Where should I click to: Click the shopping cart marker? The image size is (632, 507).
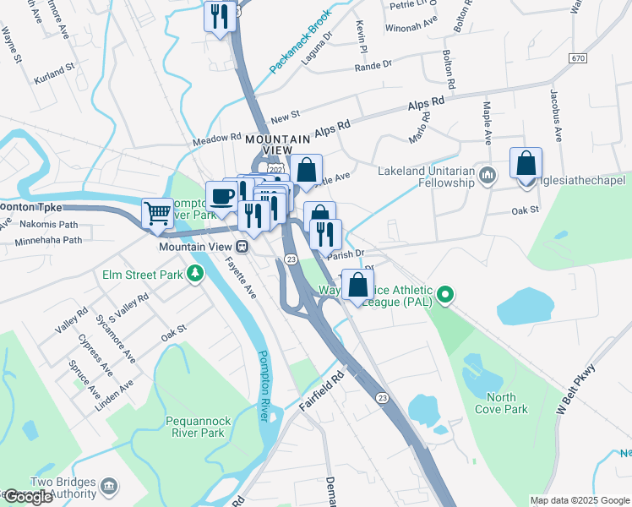[x=158, y=215]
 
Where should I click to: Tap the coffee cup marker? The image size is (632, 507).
[x=221, y=197]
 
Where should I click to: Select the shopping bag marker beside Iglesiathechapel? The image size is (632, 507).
[x=526, y=163]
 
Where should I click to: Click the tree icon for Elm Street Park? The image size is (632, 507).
[x=195, y=273]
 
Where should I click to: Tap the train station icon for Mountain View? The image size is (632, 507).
[x=242, y=247]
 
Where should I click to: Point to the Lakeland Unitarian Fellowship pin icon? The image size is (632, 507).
[x=487, y=176]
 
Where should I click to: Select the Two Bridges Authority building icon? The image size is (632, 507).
[x=109, y=486]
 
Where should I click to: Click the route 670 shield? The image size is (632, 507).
[x=577, y=58]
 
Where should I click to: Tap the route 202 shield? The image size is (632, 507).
[x=275, y=170]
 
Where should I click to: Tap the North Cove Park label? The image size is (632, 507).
[x=507, y=403]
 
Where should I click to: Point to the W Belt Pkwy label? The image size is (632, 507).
[x=576, y=390]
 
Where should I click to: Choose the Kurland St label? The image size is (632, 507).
[x=55, y=80]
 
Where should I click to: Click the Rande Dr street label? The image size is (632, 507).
[x=376, y=64]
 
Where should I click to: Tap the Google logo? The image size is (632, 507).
[x=28, y=497]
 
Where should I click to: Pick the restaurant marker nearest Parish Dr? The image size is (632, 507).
[x=325, y=233]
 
